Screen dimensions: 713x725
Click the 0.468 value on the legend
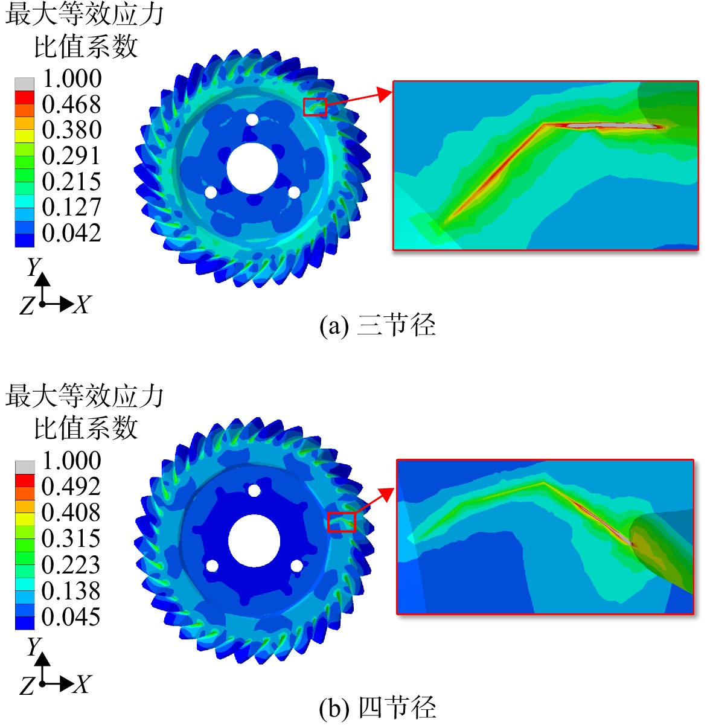click(71, 104)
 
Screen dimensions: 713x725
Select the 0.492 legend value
click(71, 486)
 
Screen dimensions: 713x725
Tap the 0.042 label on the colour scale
click(71, 233)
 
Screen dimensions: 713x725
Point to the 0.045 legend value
click(71, 616)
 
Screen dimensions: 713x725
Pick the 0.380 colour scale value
click(71, 130)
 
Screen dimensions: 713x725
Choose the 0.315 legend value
click(71, 538)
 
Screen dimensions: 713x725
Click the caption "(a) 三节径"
click(377, 325)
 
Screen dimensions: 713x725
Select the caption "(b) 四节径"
click(377, 708)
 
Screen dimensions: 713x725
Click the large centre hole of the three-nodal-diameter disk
click(252, 168)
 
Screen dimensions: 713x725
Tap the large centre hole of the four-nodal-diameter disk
click(254, 541)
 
